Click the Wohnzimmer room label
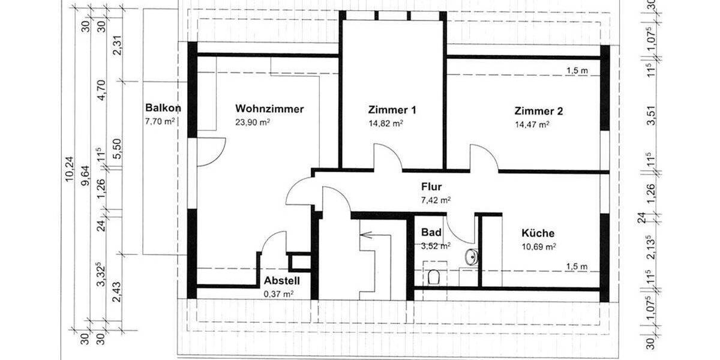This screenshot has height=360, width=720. pos(269,109)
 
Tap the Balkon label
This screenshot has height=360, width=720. pos(163,108)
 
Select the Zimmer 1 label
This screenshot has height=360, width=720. pos(392,110)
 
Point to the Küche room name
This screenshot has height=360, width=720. pos(538,233)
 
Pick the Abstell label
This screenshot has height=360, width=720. pos(281,281)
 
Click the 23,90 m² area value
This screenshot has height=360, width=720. pos(253,122)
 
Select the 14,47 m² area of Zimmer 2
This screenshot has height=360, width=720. pos(532,125)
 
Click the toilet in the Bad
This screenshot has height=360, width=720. pos(434,277)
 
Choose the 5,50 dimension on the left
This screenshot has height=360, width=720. pos(118,144)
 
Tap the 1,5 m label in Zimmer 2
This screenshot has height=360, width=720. pos(577,71)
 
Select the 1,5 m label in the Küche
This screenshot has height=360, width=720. pos(576,266)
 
